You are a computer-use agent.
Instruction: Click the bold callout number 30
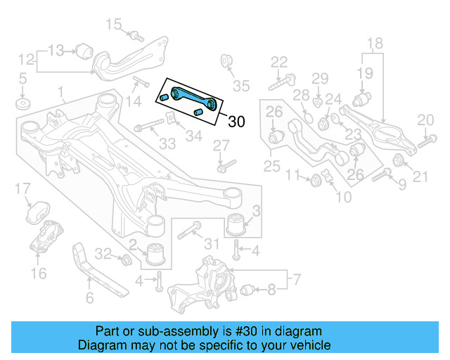pyautogui.click(x=236, y=122)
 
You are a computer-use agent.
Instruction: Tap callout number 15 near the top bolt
pyautogui.click(x=113, y=25)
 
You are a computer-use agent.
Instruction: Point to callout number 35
pyautogui.click(x=241, y=86)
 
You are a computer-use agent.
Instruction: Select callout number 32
pyautogui.click(x=103, y=253)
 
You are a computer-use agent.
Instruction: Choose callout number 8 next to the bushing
pyautogui.click(x=272, y=288)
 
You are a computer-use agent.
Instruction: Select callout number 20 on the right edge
pyautogui.click(x=425, y=120)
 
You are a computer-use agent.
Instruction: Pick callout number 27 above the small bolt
pyautogui.click(x=221, y=145)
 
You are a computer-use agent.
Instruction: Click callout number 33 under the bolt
pyautogui.click(x=167, y=144)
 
